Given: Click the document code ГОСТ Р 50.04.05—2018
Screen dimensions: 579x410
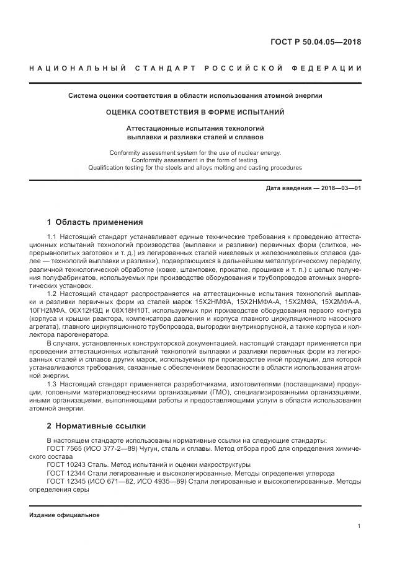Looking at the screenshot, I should pyautogui.click(x=316, y=43).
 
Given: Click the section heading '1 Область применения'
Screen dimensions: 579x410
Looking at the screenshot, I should pyautogui.click(x=95, y=222).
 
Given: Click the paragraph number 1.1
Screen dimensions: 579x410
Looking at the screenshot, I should pyautogui.click(x=51, y=237).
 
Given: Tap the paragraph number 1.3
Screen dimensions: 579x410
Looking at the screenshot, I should pyautogui.click(x=51, y=384).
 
